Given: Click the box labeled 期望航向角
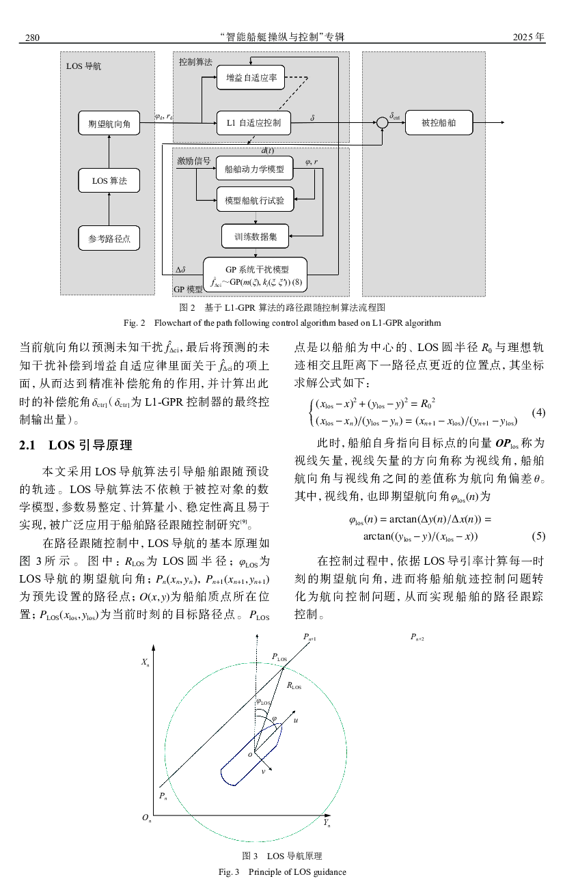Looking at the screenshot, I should tap(109, 124).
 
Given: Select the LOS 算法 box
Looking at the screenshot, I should tap(109, 181).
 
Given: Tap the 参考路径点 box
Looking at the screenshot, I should tap(109, 239).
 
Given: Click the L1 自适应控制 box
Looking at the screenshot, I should tap(253, 124).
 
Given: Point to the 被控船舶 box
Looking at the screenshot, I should tap(438, 123).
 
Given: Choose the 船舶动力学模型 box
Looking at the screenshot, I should tap(254, 168).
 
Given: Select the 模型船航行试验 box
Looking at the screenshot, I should tap(254, 201).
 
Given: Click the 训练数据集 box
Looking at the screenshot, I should tap(255, 236).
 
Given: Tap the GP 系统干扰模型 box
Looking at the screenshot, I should tap(255, 275).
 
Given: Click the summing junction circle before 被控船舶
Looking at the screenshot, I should tap(382, 123).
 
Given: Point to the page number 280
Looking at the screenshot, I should tap(32, 37).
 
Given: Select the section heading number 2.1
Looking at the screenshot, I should tap(29, 446).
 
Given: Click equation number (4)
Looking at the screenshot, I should tap(538, 413).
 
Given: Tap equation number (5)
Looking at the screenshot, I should tap(538, 536).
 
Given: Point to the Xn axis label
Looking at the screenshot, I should tap(146, 662).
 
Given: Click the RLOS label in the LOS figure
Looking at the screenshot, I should tap(294, 685).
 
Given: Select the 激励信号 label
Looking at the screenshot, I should tap(193, 161).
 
